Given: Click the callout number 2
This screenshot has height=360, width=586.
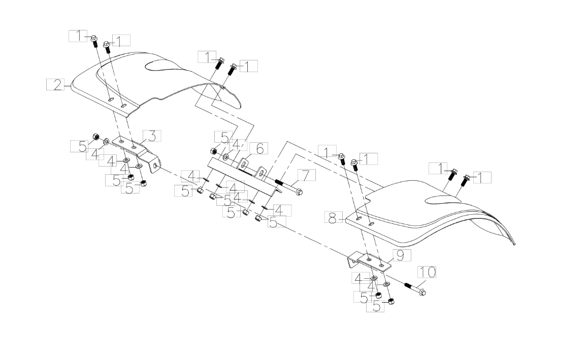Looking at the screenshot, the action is pyautogui.click(x=57, y=85).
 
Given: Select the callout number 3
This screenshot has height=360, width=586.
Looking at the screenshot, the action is pyautogui.click(x=152, y=136).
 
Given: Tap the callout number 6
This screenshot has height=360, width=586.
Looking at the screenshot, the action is pyautogui.click(x=259, y=148).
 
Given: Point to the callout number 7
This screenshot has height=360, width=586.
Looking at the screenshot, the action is pyautogui.click(x=306, y=175).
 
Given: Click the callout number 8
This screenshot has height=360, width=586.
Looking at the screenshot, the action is pyautogui.click(x=332, y=217).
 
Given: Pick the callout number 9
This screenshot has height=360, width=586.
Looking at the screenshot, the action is pyautogui.click(x=400, y=256).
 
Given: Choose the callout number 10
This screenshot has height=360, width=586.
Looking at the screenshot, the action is pyautogui.click(x=427, y=272).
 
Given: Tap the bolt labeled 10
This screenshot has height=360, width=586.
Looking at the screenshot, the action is pyautogui.click(x=415, y=288).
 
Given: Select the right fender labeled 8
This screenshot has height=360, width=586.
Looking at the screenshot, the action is pyautogui.click(x=430, y=217).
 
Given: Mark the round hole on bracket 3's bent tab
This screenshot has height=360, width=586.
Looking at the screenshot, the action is pyautogui.click(x=155, y=165).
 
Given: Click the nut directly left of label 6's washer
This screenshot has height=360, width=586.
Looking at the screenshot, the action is pyautogui.click(x=214, y=151).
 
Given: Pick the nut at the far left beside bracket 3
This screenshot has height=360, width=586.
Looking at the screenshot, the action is pyautogui.click(x=95, y=137).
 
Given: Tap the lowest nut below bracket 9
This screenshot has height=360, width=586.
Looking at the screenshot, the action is pyautogui.click(x=391, y=301).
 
